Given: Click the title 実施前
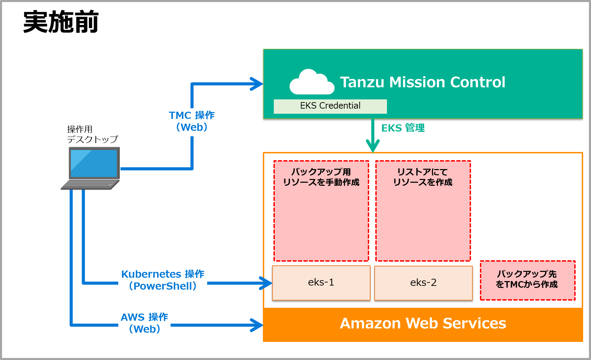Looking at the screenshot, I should pos(61,22).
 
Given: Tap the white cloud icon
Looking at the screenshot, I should pos(311,83).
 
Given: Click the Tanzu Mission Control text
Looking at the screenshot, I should pos(422,82).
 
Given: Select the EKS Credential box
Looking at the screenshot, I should pos(330,106).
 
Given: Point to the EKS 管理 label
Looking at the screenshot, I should pos(403,128).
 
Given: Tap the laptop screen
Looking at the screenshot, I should pos(94,163).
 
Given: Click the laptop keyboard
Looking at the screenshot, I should pos(90,185).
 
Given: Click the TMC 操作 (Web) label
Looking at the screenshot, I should pos(192,121).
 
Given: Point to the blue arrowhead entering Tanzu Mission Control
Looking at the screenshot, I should pos(257,84).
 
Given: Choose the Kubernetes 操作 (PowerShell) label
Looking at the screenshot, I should pos(163,280).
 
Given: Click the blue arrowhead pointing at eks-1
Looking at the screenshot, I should pos(266,283).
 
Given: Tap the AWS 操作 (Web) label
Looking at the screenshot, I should pos(145,323).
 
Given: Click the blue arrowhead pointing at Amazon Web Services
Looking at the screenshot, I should pos(257,325).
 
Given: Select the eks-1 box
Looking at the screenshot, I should pos(321,283).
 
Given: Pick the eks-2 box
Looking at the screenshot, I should pos(423,283).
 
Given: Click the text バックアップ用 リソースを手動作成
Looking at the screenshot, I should pos(321,177).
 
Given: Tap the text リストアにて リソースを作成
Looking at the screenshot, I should pos(423,177).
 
